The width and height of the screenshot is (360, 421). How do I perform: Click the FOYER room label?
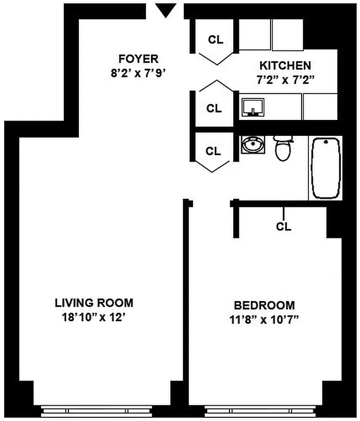(x=138, y=58)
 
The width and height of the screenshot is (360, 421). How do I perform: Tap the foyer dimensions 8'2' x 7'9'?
(x=138, y=73)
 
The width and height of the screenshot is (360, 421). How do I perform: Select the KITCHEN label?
(x=285, y=66)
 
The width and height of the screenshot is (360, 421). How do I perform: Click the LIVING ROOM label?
(x=94, y=303)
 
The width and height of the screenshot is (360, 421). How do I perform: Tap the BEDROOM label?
(x=264, y=305)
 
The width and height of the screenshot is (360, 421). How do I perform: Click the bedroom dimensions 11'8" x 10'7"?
(x=264, y=319)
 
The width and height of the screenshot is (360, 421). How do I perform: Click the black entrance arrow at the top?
(x=166, y=9)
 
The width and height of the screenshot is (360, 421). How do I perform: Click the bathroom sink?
(x=254, y=144)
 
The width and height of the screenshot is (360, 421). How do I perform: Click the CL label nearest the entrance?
(x=215, y=39)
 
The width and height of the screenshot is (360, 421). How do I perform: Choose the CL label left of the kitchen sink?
(x=214, y=108)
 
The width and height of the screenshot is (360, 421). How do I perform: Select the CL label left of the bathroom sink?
(x=213, y=152)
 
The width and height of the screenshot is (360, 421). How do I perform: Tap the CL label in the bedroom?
(x=284, y=227)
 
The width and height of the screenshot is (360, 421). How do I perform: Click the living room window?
(x=97, y=410)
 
